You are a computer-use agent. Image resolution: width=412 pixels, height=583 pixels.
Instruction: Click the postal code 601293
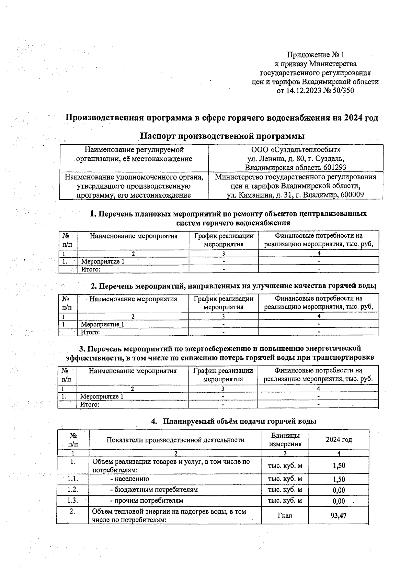point(334,168)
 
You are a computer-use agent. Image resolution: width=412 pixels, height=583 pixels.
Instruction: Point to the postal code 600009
point(352,195)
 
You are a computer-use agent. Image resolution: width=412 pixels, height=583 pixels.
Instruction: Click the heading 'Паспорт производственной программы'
point(222,136)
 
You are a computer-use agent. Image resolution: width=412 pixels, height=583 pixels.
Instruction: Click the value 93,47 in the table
point(339,515)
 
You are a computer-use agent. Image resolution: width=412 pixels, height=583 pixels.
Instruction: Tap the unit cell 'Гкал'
point(285,516)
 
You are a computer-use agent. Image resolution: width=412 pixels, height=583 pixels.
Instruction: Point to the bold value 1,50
point(339,466)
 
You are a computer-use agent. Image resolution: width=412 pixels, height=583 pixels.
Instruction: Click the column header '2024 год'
point(339,440)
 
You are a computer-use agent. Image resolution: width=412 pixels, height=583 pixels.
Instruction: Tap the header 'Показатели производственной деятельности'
point(175,440)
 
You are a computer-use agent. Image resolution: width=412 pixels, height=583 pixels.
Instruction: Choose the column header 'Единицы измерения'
point(285,440)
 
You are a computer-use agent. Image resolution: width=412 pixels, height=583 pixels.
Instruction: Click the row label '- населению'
point(129,479)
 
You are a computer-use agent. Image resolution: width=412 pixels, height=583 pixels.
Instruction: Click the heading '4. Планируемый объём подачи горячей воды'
point(234,421)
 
